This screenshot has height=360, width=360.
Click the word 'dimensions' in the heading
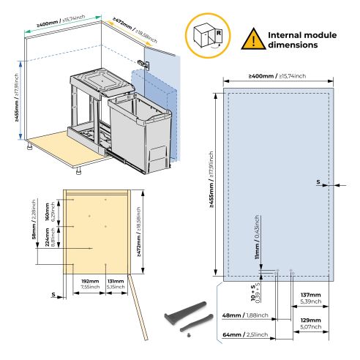(x=293, y=45)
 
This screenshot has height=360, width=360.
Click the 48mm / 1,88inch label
(x=247, y=316)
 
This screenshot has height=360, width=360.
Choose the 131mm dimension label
(x=115, y=282)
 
